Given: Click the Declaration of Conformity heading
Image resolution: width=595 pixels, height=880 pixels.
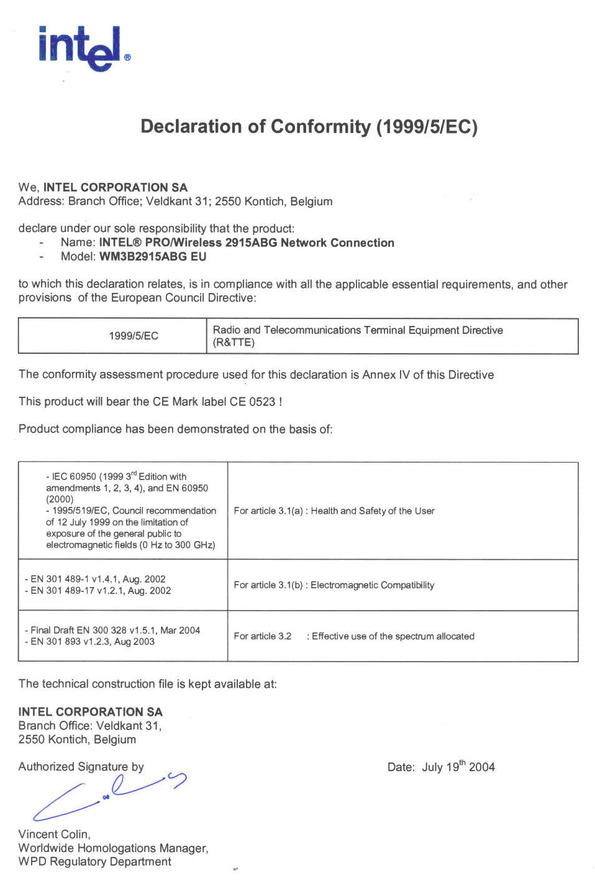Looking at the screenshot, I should [309, 127].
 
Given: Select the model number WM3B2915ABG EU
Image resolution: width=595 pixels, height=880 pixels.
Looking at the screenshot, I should [152, 256].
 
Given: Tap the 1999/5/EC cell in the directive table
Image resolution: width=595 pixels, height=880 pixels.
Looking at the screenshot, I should [134, 336].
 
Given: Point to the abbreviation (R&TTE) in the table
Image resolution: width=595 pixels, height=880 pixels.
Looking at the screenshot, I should [234, 343].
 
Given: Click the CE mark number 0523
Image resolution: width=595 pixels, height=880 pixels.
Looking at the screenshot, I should [261, 402].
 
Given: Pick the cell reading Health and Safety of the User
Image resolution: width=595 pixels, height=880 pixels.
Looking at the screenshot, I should [334, 511].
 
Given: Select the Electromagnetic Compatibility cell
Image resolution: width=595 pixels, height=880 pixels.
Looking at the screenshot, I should [334, 585].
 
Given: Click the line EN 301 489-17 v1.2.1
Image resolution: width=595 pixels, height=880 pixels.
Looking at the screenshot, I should [98, 591].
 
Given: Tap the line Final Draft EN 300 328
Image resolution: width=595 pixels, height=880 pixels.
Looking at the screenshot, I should [112, 630].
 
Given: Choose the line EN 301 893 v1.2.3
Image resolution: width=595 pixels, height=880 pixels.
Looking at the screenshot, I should [89, 642].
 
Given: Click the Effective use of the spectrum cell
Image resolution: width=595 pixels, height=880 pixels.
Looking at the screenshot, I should [353, 636].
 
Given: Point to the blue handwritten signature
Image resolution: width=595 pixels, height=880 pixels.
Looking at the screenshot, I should [109, 796].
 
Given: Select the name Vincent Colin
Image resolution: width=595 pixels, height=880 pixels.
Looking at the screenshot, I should [54, 835].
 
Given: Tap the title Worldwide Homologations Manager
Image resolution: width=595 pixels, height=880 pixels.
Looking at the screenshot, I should [113, 848].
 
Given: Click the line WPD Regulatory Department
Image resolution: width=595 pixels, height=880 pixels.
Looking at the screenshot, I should [94, 862].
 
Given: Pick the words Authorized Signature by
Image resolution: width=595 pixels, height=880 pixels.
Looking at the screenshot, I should [81, 767].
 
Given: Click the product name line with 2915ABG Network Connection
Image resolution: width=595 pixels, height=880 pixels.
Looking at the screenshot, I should [246, 243].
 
